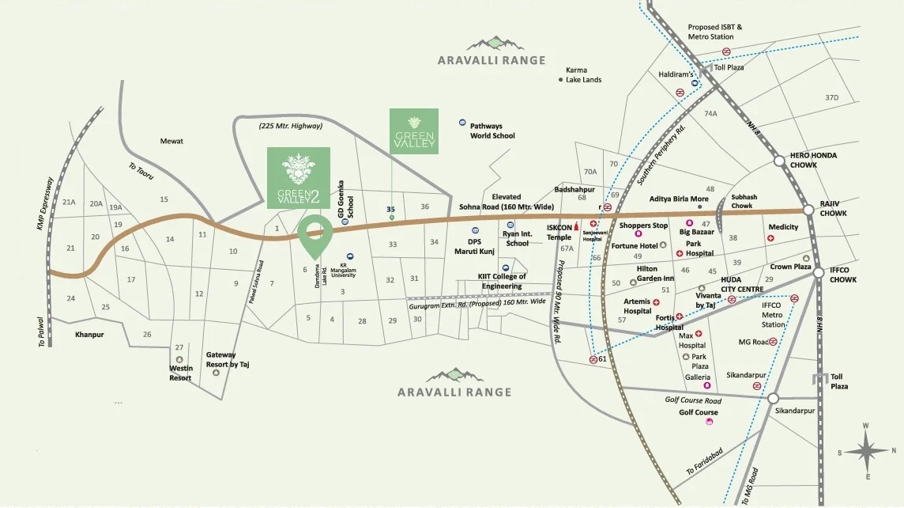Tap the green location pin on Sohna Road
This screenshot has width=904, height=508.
point(315,237)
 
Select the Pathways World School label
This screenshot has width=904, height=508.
point(492,131)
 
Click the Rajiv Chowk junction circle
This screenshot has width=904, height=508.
point(808,210)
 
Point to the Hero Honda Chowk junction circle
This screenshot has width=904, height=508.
point(779,161)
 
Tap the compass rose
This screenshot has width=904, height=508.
point(866,452)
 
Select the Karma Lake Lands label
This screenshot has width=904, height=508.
point(583,75)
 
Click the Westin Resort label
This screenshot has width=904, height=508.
point(180,373)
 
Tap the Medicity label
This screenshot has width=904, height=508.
point(783,227)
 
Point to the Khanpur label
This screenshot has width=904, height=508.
point(89,335)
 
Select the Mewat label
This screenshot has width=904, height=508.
point(171,141)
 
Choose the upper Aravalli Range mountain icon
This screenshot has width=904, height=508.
point(492,42)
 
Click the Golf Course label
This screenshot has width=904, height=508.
point(699,412)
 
